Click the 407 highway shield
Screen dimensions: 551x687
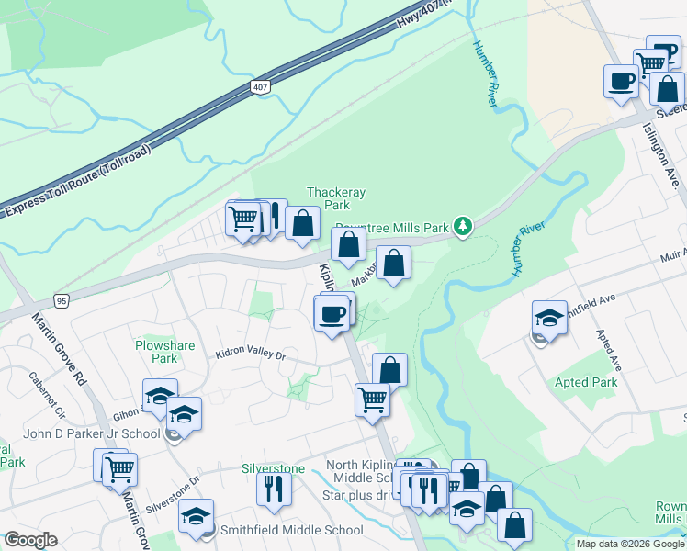click(x=260, y=86)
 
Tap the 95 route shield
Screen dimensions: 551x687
click(x=62, y=299)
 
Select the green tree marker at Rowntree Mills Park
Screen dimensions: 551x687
click(x=465, y=226)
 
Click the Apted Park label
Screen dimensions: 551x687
click(x=586, y=382)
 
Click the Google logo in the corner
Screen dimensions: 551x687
click(x=30, y=540)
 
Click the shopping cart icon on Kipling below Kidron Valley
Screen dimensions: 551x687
click(x=372, y=399)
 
